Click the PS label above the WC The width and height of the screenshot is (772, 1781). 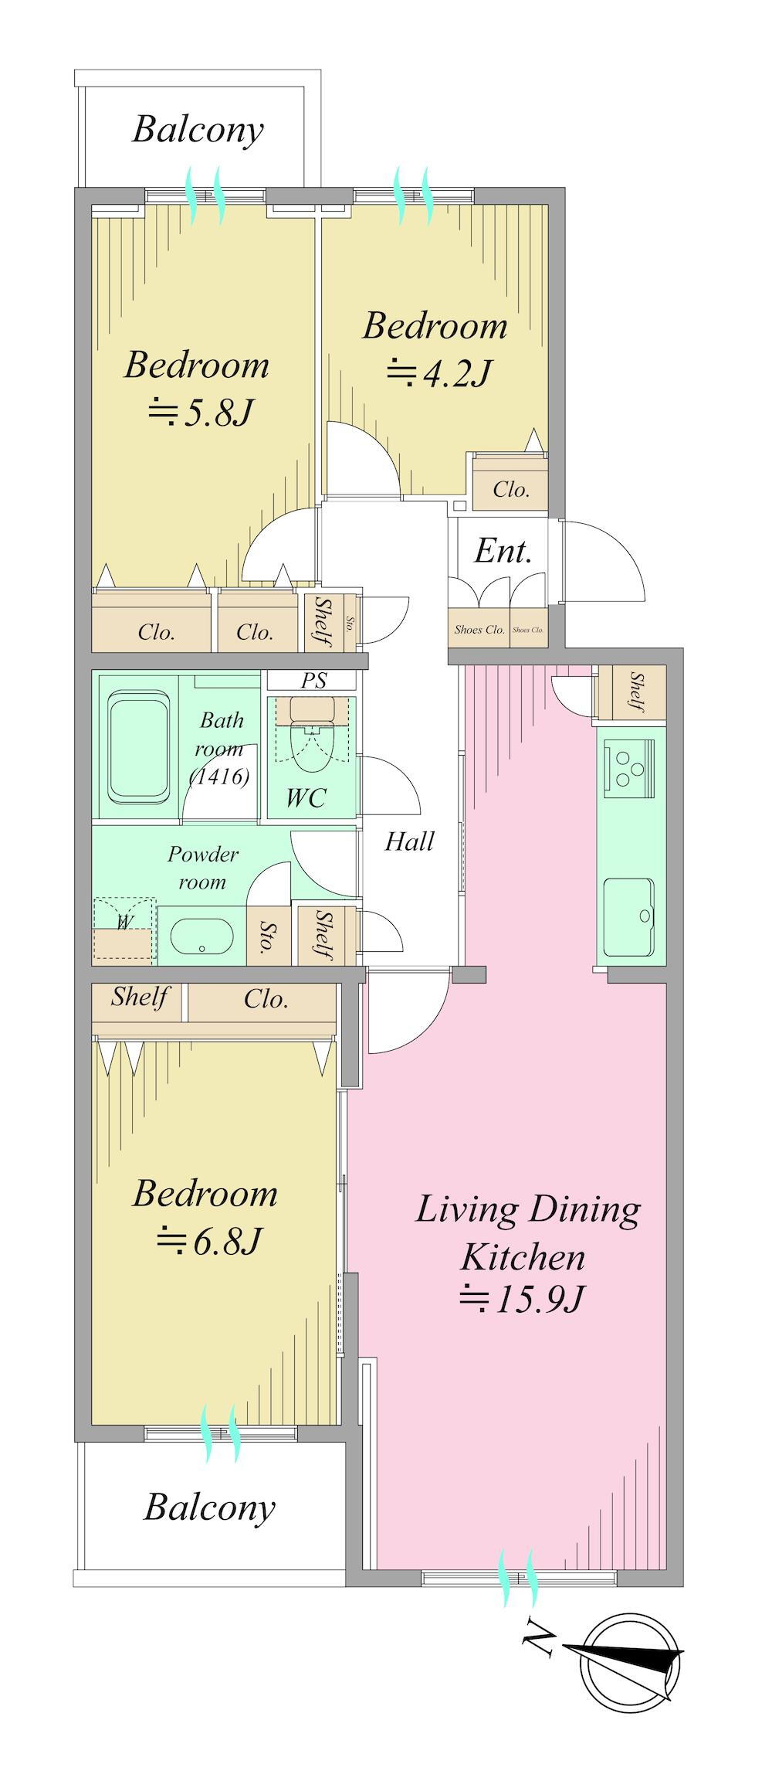pyautogui.click(x=313, y=681)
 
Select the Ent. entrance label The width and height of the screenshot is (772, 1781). pyautogui.click(x=503, y=552)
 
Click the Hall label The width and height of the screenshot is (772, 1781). pyautogui.click(x=409, y=841)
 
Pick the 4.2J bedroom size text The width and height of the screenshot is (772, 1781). pyautogui.click(x=438, y=374)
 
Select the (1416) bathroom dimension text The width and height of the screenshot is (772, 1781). pyautogui.click(x=220, y=776)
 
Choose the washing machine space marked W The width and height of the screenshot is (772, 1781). pyautogui.click(x=124, y=930)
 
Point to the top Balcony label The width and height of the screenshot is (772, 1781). pyautogui.click(x=198, y=129)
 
